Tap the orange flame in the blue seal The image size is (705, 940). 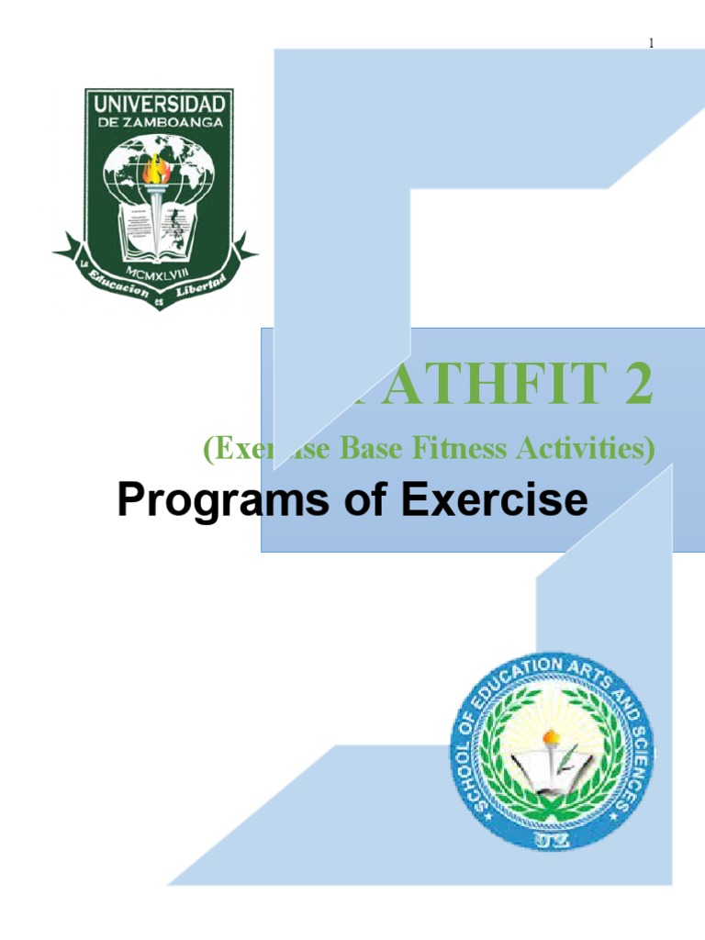[552, 737]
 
